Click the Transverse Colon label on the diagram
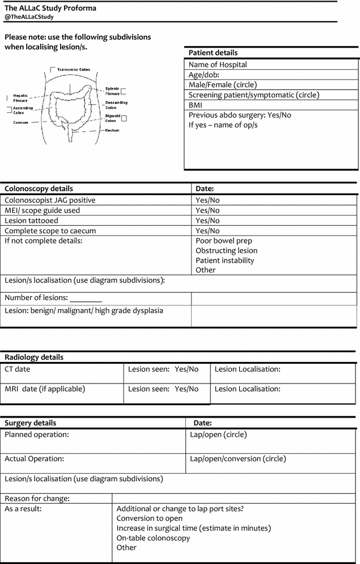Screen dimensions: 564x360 coord(73,69)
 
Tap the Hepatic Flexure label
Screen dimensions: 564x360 coord(20,98)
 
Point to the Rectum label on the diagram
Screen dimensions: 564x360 coord(112,130)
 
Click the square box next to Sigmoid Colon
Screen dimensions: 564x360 coord(125,118)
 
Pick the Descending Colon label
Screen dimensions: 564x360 coord(116,105)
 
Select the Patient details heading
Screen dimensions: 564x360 coord(213,53)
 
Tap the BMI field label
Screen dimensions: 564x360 coord(196,105)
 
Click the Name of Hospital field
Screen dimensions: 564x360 coord(218,65)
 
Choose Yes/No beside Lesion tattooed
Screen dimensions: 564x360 coord(207,221)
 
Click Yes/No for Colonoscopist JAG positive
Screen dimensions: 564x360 coord(207,200)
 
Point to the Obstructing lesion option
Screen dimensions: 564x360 coord(226,251)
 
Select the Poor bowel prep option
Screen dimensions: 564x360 coord(224,241)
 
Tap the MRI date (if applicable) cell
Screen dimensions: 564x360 coord(45,389)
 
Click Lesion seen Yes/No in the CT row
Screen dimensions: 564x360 coord(163,369)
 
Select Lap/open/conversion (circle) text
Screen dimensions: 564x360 coord(238,458)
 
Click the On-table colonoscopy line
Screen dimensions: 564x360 coord(153,538)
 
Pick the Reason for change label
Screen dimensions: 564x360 coord(37,499)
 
